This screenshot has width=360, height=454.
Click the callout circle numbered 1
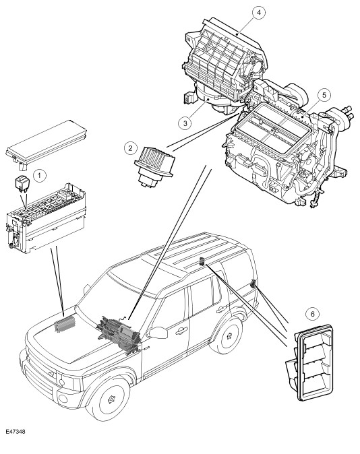point(40,175)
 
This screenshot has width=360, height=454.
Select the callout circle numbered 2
point(130,148)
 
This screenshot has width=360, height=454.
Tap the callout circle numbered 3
point(185,123)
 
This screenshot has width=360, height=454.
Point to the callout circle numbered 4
point(259,12)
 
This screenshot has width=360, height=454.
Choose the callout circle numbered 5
point(324,95)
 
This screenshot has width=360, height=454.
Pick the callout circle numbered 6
point(312,314)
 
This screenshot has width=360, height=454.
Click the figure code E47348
point(16,432)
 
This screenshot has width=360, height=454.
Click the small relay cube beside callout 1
point(22,184)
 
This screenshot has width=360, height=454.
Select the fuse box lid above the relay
point(47,144)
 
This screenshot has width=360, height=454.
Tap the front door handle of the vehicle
point(182,330)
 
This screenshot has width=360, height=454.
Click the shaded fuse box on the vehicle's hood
point(65,323)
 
